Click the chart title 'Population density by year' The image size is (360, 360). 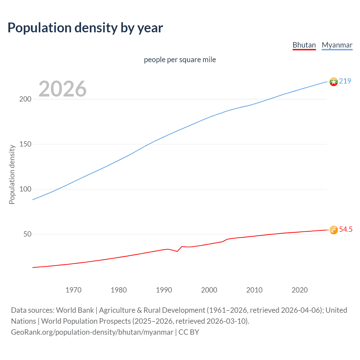(85, 28)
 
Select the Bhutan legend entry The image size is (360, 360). (304, 45)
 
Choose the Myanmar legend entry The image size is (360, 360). (337, 45)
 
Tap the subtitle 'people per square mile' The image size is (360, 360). (180, 60)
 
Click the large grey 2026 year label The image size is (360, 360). (62, 89)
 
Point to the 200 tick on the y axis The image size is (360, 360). (25, 99)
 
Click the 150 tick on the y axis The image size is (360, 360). (25, 144)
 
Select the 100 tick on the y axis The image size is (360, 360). (25, 189)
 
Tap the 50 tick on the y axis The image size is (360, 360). (27, 234)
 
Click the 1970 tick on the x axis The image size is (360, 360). (73, 290)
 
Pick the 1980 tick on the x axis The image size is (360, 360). (119, 290)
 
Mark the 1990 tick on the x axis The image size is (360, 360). (164, 290)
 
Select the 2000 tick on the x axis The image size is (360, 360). (209, 290)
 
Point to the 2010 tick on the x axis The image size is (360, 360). (254, 290)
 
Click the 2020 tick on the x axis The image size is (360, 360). (300, 290)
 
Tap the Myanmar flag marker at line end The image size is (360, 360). (334, 82)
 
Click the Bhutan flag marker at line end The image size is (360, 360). (334, 230)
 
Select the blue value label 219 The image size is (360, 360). (345, 81)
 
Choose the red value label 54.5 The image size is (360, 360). (346, 229)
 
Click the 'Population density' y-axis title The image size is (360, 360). (12, 174)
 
